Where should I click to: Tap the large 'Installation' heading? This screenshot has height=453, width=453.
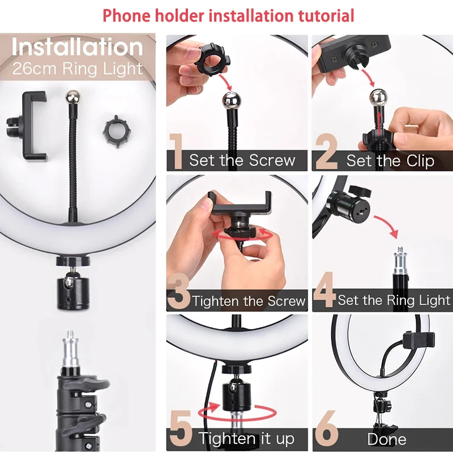point(78,48)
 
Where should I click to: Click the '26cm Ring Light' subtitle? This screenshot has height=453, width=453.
point(78,70)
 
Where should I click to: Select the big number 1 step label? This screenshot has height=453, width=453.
point(177,152)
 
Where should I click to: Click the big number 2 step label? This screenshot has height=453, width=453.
point(326,152)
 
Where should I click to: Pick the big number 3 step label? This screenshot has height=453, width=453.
point(178,292)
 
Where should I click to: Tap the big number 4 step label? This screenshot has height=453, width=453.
point(324,292)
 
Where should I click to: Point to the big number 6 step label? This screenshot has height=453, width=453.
point(327,431)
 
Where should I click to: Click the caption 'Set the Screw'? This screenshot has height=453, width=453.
point(242,160)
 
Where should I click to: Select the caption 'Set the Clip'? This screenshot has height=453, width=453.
point(390,161)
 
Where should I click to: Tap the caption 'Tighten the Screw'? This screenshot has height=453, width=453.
point(249,301)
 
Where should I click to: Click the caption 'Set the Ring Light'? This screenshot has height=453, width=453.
point(394,300)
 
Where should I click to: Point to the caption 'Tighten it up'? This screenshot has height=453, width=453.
point(246,438)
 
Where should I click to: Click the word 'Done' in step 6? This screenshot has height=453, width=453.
point(387,439)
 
